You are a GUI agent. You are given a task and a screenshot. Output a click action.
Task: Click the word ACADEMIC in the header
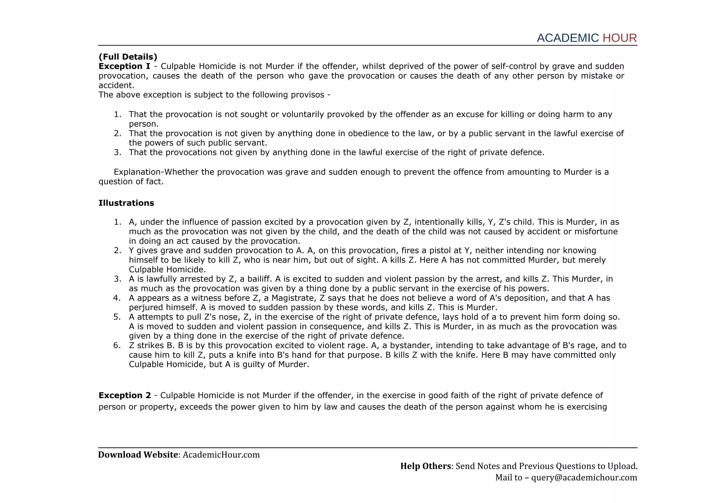click(x=568, y=38)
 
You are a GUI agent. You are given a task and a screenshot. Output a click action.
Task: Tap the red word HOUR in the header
click(x=620, y=38)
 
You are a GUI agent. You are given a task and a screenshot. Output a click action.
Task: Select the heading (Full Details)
click(x=128, y=57)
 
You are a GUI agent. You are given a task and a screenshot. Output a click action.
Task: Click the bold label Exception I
click(x=124, y=66)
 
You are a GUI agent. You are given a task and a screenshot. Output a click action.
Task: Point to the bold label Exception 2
click(x=125, y=395)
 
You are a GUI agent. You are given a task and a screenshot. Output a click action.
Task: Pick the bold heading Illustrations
click(x=126, y=203)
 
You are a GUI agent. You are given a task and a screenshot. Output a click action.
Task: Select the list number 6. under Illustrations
click(x=117, y=345)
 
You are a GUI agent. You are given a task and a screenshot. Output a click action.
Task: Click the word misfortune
click(x=596, y=232)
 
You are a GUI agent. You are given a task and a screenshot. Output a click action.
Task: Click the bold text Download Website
click(x=138, y=455)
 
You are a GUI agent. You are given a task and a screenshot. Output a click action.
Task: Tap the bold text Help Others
click(x=425, y=466)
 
